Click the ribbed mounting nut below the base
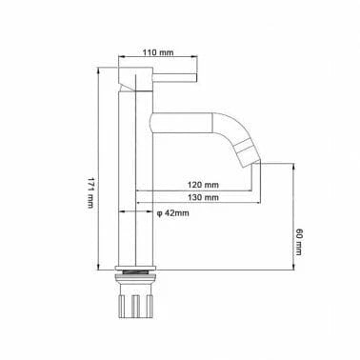[x=135, y=308]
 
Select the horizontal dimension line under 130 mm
[x=200, y=203]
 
